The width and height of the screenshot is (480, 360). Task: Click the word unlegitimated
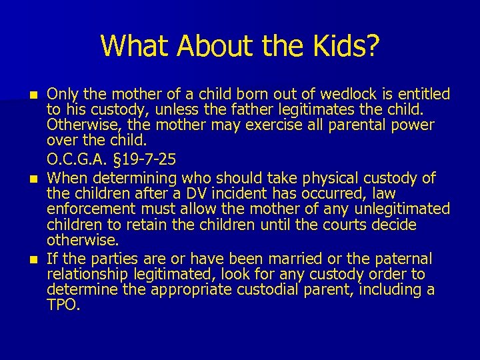pos(404,209)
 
